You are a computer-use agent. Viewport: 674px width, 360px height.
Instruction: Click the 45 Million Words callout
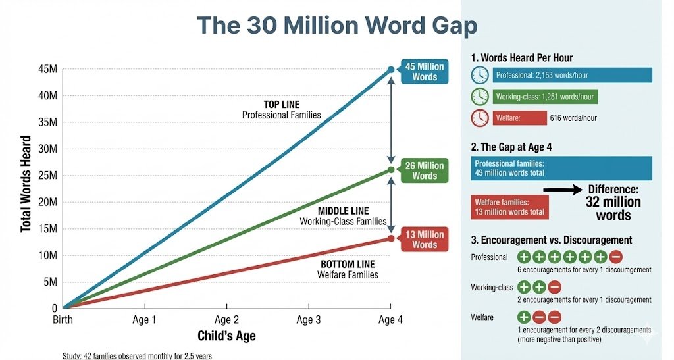pos(425,72)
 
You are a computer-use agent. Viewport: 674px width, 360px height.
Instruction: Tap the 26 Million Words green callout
pos(425,170)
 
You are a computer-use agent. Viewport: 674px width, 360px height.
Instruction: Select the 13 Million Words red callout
pos(425,240)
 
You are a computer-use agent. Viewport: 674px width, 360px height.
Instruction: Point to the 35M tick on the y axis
pos(48,122)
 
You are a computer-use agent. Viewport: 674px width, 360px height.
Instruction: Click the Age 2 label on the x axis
pos(226,321)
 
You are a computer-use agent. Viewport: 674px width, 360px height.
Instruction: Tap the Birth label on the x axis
pos(64,321)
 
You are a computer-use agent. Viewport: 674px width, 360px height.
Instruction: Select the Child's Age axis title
pos(226,336)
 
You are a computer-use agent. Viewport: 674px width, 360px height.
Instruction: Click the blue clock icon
pos(480,75)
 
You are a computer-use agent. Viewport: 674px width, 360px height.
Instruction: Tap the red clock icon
pos(480,118)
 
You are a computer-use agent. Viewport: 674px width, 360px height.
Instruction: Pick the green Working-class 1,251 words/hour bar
pos(544,97)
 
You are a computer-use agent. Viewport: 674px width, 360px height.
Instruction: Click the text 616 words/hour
pos(573,118)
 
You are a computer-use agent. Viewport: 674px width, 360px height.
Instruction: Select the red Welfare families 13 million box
pos(509,207)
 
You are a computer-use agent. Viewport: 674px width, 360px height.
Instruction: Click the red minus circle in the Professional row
pos(617,257)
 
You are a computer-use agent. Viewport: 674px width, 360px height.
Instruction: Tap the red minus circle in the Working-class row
pos(554,287)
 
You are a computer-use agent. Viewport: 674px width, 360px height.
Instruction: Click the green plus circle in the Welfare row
pos(524,317)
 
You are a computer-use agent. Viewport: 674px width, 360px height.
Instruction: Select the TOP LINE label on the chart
pos(281,105)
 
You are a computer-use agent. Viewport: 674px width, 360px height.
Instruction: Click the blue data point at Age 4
pos(391,70)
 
